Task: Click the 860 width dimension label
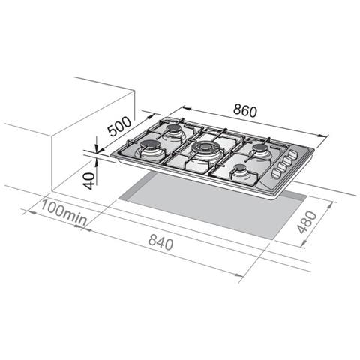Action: [245, 111]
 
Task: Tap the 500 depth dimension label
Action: [119, 127]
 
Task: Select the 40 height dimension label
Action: [89, 181]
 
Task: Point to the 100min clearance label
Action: [64, 213]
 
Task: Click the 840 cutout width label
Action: [160, 241]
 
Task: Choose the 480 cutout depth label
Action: [307, 222]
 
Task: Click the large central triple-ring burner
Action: [205, 148]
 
